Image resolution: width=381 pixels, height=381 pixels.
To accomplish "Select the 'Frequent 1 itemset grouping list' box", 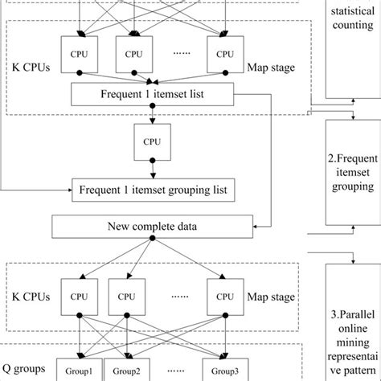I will [153, 191].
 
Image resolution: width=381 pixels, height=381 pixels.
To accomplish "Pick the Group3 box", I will [225, 372].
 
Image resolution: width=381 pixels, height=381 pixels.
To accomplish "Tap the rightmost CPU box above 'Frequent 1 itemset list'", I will [225, 54].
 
